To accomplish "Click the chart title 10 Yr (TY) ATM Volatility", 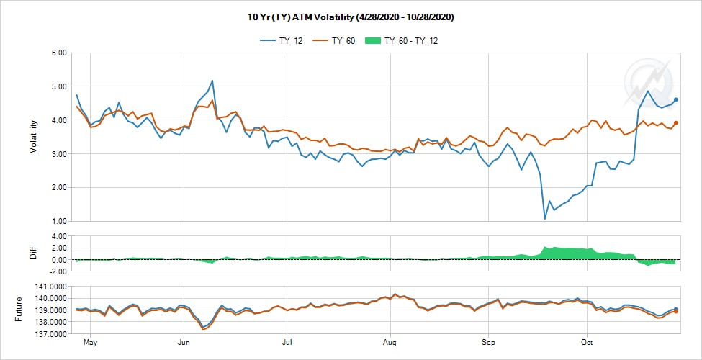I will [x=351, y=17].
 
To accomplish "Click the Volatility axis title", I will [x=33, y=137].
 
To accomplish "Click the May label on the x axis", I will [x=90, y=342].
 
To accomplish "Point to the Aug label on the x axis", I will [x=390, y=342].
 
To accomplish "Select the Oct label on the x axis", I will [x=588, y=342].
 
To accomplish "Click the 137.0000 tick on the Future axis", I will [x=47, y=334].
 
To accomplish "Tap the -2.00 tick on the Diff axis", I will [x=55, y=271].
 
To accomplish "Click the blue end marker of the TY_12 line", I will [x=676, y=100].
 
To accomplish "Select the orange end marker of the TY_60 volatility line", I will [x=676, y=123].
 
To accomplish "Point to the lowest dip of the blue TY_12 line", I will [x=545, y=218].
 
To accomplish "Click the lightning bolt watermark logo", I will [x=647, y=81].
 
